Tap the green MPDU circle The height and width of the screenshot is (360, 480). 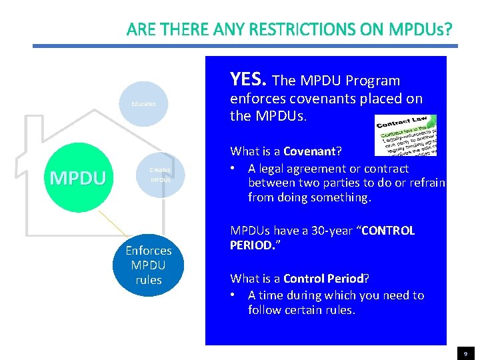pos(77,177)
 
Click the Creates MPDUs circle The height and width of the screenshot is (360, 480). pos(160,175)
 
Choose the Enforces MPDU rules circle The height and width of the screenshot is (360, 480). pos(149,265)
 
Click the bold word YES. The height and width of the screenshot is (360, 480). pos(248,80)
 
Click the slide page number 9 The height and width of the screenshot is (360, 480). pos(465,354)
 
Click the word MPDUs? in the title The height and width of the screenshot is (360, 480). pos(421,29)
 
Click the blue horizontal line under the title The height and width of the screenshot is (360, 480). pos(245,46)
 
